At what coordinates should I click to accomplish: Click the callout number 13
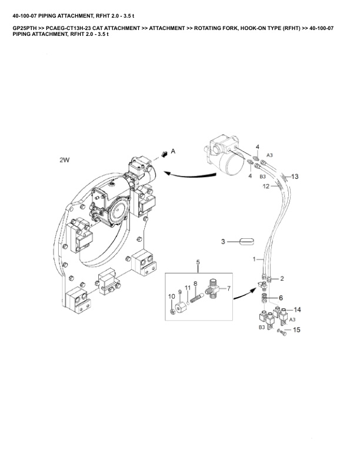click(x=294, y=177)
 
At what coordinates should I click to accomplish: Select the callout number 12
click(x=266, y=187)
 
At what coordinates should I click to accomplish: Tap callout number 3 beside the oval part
click(x=223, y=242)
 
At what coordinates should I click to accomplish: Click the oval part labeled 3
click(x=246, y=242)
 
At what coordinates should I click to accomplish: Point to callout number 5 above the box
click(x=198, y=262)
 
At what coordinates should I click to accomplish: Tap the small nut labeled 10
click(x=172, y=312)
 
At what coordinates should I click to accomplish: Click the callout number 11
click(x=188, y=288)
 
